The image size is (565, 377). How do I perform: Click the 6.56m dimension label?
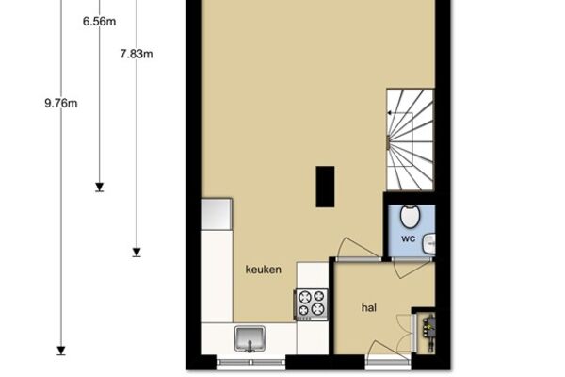(x=99, y=22)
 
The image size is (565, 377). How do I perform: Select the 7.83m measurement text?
(x=137, y=54)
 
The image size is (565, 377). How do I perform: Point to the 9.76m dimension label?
(x=61, y=104)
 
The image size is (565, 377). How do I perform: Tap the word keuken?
(x=264, y=270)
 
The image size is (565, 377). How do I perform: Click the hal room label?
(x=369, y=308)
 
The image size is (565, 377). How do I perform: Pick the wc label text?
(x=409, y=238)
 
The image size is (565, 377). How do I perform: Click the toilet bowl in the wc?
(x=410, y=217)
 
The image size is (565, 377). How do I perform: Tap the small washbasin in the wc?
(x=429, y=244)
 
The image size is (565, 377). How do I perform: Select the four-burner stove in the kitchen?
(x=312, y=304)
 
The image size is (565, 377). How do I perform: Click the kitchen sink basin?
(x=250, y=338)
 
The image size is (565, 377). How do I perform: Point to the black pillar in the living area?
(x=325, y=187)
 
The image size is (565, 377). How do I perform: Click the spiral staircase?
(x=410, y=140)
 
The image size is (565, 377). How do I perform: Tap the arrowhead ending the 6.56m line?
(x=100, y=187)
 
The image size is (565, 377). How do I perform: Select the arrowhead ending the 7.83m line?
(x=137, y=253)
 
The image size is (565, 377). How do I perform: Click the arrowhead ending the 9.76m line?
(x=61, y=351)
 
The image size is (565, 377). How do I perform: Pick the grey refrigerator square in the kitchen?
(x=217, y=214)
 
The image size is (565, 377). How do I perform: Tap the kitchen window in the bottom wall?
(x=251, y=362)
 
